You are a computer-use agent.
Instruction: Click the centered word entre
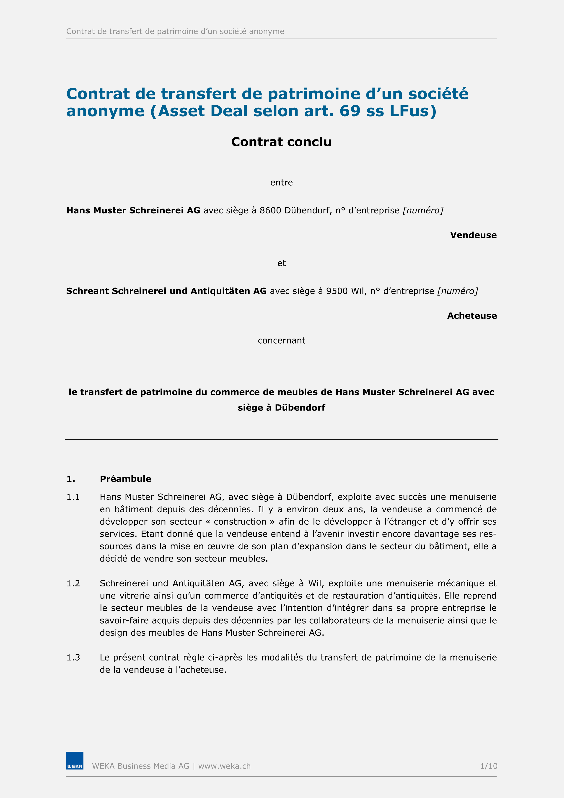(284, 184)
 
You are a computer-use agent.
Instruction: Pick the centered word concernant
(284, 344)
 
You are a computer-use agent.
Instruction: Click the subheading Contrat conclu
(284, 143)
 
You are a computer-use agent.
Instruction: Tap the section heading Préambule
(127, 484)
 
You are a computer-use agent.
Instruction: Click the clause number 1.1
(74, 502)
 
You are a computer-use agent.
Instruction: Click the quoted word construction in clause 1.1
(243, 527)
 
